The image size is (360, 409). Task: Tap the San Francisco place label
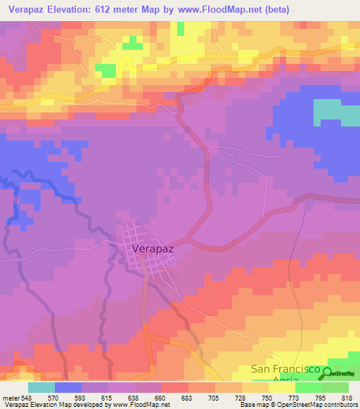point(287,370)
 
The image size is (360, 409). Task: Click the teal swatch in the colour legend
point(41,387)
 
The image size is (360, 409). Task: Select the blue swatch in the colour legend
point(68,387)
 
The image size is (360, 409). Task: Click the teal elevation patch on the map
point(335,111)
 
